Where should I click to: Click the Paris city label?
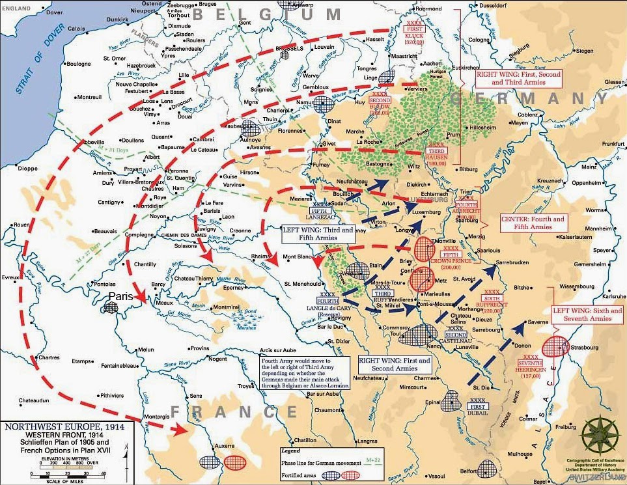pyautogui.click(x=121, y=296)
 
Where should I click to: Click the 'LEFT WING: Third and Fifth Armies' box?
pyautogui.click(x=318, y=234)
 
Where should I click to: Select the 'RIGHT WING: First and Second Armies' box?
pyautogui.click(x=395, y=364)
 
